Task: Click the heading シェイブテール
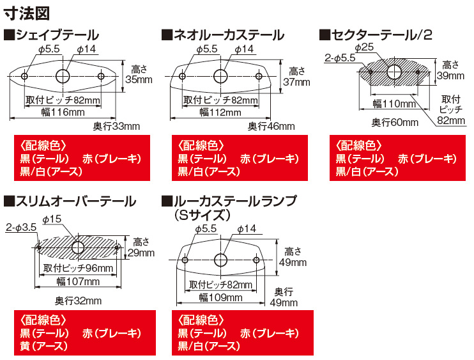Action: click(56, 35)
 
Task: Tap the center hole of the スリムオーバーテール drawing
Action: click(78, 246)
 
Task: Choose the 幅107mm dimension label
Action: click(79, 281)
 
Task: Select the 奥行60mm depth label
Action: click(395, 121)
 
